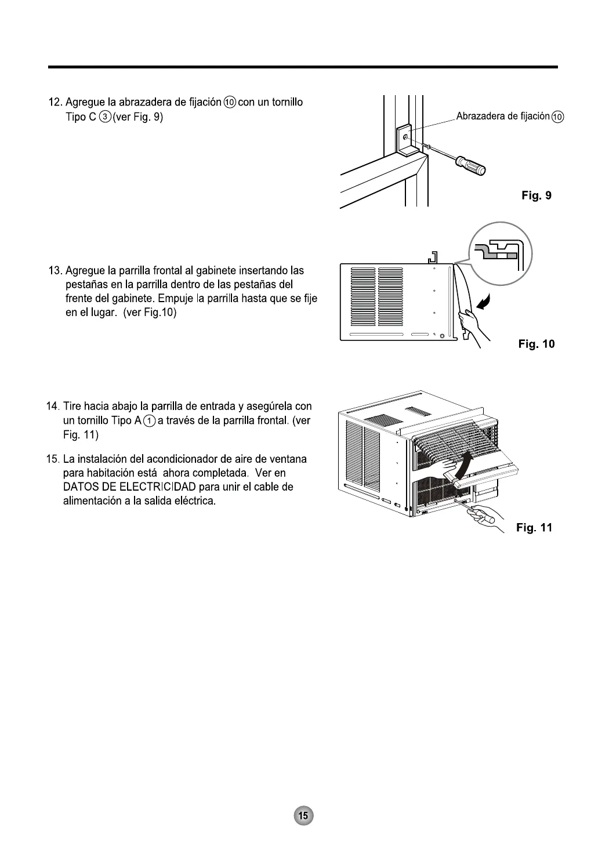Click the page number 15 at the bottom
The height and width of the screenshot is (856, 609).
(303, 815)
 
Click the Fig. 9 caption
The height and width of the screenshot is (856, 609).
(536, 195)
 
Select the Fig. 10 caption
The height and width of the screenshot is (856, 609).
(536, 344)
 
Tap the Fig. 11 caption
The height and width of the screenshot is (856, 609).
(534, 527)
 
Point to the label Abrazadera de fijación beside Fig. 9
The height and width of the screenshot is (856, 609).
(502, 117)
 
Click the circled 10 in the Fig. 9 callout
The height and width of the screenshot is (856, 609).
(557, 117)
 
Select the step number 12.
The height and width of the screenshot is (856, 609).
(56, 103)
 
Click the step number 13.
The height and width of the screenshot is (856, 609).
(56, 271)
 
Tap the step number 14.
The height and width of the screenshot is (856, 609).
(53, 406)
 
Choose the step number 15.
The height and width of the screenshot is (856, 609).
(53, 459)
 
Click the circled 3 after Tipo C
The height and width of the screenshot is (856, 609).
(106, 117)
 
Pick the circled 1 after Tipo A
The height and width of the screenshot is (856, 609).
(150, 421)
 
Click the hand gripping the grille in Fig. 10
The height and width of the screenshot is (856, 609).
(468, 320)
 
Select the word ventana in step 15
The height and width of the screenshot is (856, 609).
(288, 459)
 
